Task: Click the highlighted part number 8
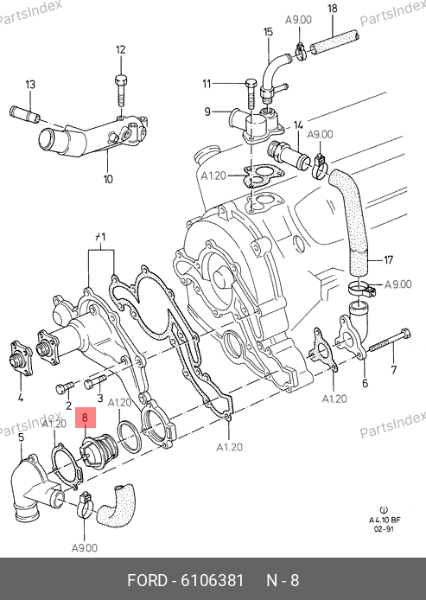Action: point(85,418)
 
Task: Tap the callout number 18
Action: point(333,9)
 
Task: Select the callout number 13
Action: point(30,84)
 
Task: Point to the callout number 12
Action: point(120,50)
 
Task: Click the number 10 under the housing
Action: point(108,179)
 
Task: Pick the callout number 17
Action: point(389,260)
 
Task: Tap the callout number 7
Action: point(393,370)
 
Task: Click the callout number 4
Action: point(20,398)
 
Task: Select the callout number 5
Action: point(21,437)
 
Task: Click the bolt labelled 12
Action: point(121,91)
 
